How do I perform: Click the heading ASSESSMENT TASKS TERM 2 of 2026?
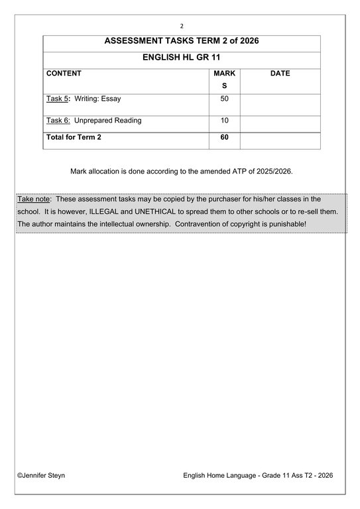pyautogui.click(x=182, y=41)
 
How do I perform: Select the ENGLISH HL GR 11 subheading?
pyautogui.click(x=182, y=58)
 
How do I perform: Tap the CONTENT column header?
pyautogui.click(x=64, y=74)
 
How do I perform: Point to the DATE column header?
pyautogui.click(x=280, y=74)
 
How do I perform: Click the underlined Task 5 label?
pyautogui.click(x=57, y=99)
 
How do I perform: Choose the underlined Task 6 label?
pyautogui.click(x=57, y=121)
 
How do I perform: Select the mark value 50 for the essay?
pyautogui.click(x=224, y=99)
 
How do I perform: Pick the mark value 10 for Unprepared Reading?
pyautogui.click(x=224, y=121)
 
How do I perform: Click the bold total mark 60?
pyautogui.click(x=224, y=138)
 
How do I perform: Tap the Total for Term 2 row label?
pyautogui.click(x=74, y=138)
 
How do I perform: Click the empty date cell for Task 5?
pyautogui.click(x=280, y=104)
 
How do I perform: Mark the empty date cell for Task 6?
pyautogui.click(x=280, y=124)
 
